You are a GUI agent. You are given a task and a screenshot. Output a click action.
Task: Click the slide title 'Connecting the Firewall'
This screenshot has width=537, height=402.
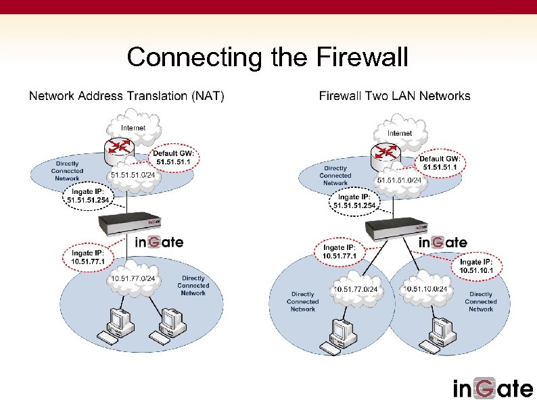(x=268, y=57)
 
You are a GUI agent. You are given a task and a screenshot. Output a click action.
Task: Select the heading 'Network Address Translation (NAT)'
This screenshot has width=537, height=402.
(x=126, y=96)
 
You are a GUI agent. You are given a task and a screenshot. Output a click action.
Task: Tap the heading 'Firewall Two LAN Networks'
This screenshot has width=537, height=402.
(x=394, y=96)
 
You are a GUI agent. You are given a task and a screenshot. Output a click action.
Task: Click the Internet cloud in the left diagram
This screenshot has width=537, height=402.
(x=133, y=127)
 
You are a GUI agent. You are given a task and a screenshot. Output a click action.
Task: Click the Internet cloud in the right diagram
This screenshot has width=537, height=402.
(x=399, y=132)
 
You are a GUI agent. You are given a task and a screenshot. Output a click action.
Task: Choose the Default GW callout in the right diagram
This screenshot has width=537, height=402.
(x=440, y=163)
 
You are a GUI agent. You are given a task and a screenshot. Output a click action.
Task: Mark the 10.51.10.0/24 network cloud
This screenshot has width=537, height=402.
(x=430, y=289)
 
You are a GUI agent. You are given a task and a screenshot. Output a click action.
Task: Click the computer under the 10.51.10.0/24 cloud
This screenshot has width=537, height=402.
(x=433, y=331)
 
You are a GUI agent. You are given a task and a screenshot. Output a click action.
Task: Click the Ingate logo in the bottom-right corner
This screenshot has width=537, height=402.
(x=493, y=388)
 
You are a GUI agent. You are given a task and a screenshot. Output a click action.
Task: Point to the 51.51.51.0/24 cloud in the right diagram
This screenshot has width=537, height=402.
(x=399, y=180)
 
